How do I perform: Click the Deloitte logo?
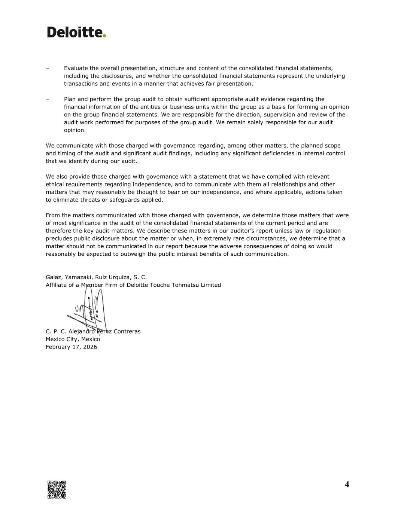click(x=76, y=32)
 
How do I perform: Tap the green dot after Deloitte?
click(x=104, y=36)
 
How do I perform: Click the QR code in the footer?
click(x=57, y=489)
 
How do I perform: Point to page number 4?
click(x=347, y=484)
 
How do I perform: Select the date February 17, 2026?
click(x=71, y=347)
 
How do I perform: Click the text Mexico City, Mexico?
click(x=73, y=339)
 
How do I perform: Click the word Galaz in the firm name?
click(x=54, y=277)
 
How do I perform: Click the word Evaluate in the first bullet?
click(x=76, y=68)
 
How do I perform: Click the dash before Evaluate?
click(x=48, y=68)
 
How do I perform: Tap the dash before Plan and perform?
click(x=48, y=99)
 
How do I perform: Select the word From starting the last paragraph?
click(x=53, y=215)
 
